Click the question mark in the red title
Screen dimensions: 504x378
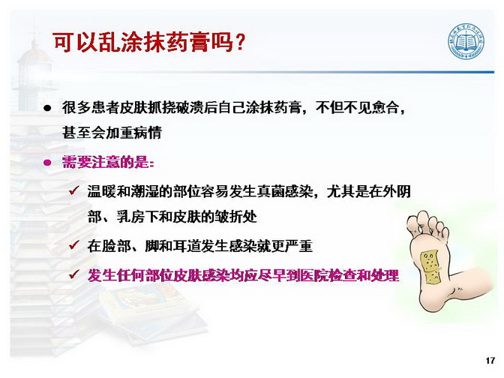click(x=239, y=43)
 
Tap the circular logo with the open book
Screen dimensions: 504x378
click(x=466, y=41)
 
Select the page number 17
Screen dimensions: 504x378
click(x=490, y=360)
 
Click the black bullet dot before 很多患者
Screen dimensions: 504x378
click(x=47, y=108)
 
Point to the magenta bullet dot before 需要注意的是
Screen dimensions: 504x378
click(x=47, y=162)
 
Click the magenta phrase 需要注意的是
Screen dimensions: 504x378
click(x=106, y=162)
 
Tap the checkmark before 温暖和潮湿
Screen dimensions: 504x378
click(x=74, y=191)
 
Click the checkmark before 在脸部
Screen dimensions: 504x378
click(x=74, y=246)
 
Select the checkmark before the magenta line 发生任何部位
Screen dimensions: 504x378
click(x=74, y=274)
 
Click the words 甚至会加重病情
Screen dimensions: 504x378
click(x=112, y=133)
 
